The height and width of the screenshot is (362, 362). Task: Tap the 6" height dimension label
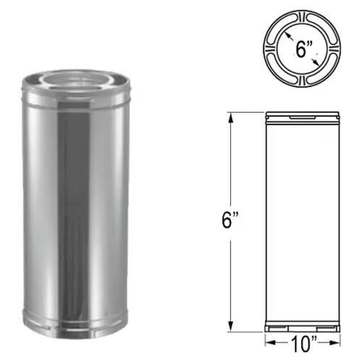coord(230,220)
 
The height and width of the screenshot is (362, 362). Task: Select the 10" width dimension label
coord(303,344)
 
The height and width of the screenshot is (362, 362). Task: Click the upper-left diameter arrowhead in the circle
coord(288,36)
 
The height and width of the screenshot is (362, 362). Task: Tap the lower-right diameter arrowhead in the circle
coord(316,62)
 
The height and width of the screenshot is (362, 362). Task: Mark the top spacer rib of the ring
coord(302,18)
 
